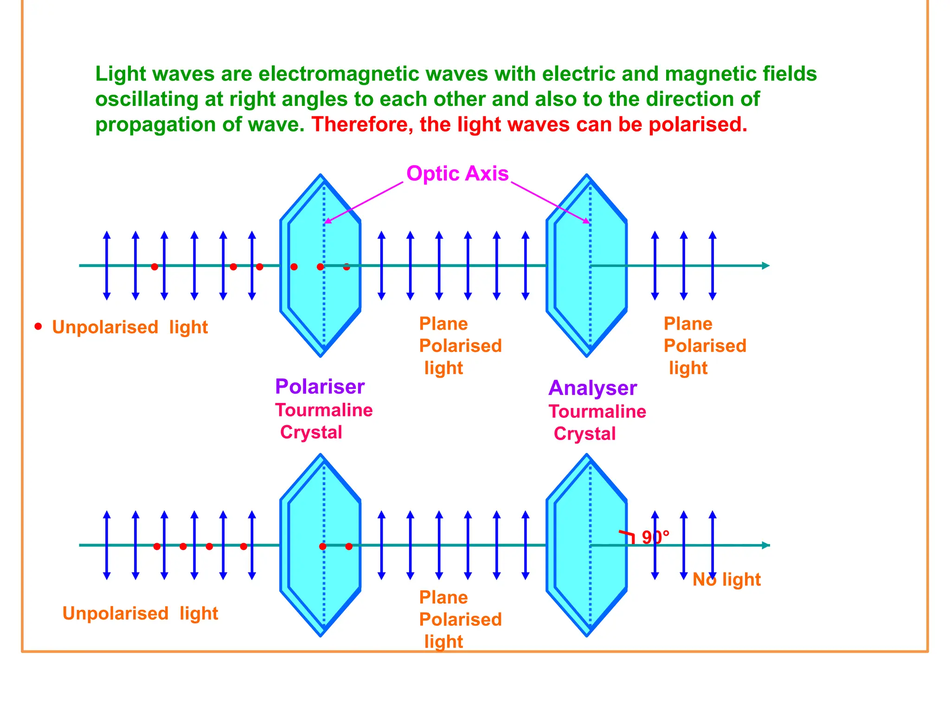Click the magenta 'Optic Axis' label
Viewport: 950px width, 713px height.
[x=457, y=174]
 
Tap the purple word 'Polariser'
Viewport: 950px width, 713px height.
[x=320, y=387]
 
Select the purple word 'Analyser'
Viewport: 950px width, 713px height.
[x=592, y=388]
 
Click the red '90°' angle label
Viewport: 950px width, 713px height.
[x=655, y=538]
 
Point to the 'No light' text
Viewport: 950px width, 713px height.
[x=726, y=580]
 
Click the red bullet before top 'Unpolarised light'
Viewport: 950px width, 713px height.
[x=38, y=326]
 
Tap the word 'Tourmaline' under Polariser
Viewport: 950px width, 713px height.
[x=324, y=410]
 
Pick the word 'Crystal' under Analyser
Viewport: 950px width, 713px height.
[x=584, y=434]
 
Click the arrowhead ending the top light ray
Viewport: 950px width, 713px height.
[x=766, y=266]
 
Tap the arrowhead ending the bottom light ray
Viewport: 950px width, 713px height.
[x=766, y=545]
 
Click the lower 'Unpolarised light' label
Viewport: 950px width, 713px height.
[x=140, y=614]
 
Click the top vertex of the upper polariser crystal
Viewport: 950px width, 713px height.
[x=321, y=175]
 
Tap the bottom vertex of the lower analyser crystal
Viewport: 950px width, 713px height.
[x=587, y=635]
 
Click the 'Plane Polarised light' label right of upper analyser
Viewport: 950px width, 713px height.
[x=705, y=346]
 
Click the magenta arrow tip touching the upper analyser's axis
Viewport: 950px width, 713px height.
[x=588, y=223]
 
